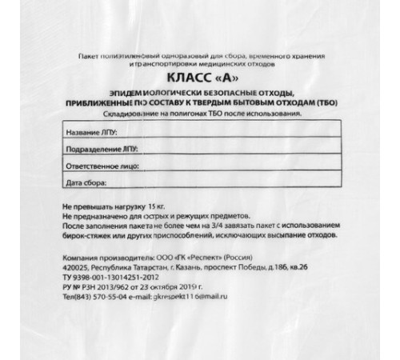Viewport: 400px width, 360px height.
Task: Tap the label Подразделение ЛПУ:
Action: pos(93,149)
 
